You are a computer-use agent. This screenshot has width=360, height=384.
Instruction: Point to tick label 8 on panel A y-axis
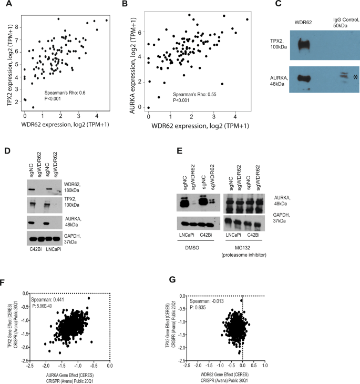click(17, 26)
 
